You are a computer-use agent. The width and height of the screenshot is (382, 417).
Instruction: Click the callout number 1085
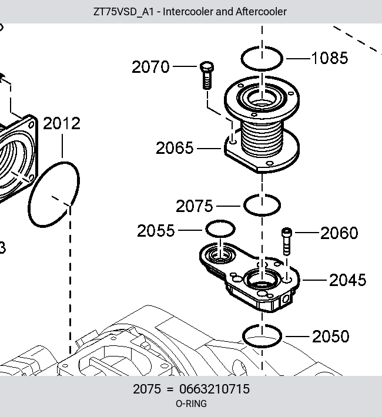330,58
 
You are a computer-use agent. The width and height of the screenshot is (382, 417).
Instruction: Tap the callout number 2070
150,67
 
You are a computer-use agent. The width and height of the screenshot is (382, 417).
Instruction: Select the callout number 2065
175,148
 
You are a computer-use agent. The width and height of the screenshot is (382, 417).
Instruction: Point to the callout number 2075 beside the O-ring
195,206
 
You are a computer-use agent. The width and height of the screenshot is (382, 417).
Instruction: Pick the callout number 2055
156,231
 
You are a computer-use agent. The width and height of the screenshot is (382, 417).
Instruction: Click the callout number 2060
339,233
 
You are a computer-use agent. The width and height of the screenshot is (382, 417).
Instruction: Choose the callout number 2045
348,280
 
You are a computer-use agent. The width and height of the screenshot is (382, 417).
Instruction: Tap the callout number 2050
331,337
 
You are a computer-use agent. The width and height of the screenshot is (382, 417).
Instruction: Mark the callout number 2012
62,123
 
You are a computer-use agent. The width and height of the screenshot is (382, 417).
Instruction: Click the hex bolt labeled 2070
207,75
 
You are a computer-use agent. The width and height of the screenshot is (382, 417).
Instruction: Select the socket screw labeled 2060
286,241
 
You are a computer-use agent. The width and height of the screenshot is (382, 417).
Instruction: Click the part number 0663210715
215,389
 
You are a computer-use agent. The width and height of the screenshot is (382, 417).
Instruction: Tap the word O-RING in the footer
191,403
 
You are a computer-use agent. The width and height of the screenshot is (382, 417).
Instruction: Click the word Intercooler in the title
188,12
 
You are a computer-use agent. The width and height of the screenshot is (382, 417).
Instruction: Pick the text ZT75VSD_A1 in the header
123,12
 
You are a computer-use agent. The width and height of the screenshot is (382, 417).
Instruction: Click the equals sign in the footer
170,389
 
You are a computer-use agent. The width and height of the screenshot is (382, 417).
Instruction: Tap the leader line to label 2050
297,337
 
